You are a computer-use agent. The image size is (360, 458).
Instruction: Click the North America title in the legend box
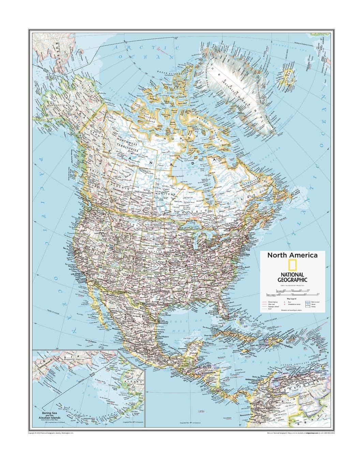point(292,255)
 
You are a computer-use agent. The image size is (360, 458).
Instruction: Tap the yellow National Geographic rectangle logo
point(292,266)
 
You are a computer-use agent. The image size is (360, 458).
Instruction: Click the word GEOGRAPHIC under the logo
point(292,279)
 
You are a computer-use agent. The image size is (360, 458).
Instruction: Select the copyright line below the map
point(51,433)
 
